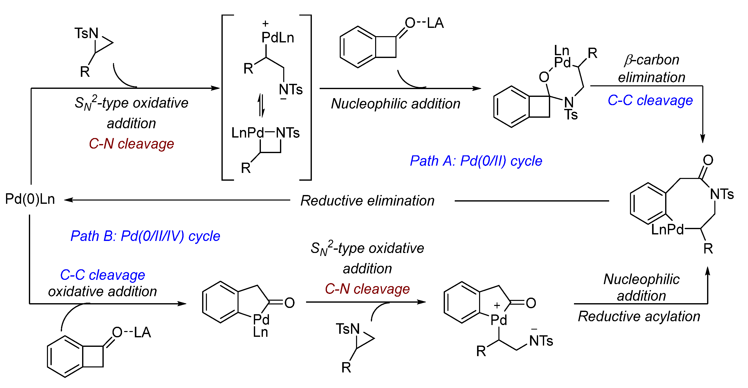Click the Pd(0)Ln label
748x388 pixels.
[x=30, y=199]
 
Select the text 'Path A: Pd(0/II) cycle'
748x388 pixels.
[x=476, y=161]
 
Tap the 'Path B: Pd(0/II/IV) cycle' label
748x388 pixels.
[x=145, y=236]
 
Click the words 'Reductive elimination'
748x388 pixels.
[x=367, y=201]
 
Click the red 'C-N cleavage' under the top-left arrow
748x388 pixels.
[x=131, y=144]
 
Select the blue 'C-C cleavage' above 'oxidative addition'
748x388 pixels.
[x=102, y=275]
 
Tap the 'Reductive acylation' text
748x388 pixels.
[x=639, y=316]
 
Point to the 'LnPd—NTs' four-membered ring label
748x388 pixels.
[x=265, y=133]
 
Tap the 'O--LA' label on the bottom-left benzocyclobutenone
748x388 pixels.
[x=132, y=332]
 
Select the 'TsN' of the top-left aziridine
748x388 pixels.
[x=86, y=33]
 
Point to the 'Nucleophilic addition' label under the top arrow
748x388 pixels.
[x=395, y=104]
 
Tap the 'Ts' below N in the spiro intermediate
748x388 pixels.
[x=571, y=115]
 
